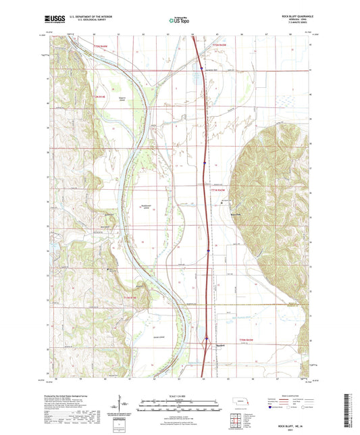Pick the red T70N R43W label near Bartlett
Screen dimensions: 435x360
[249, 339]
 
